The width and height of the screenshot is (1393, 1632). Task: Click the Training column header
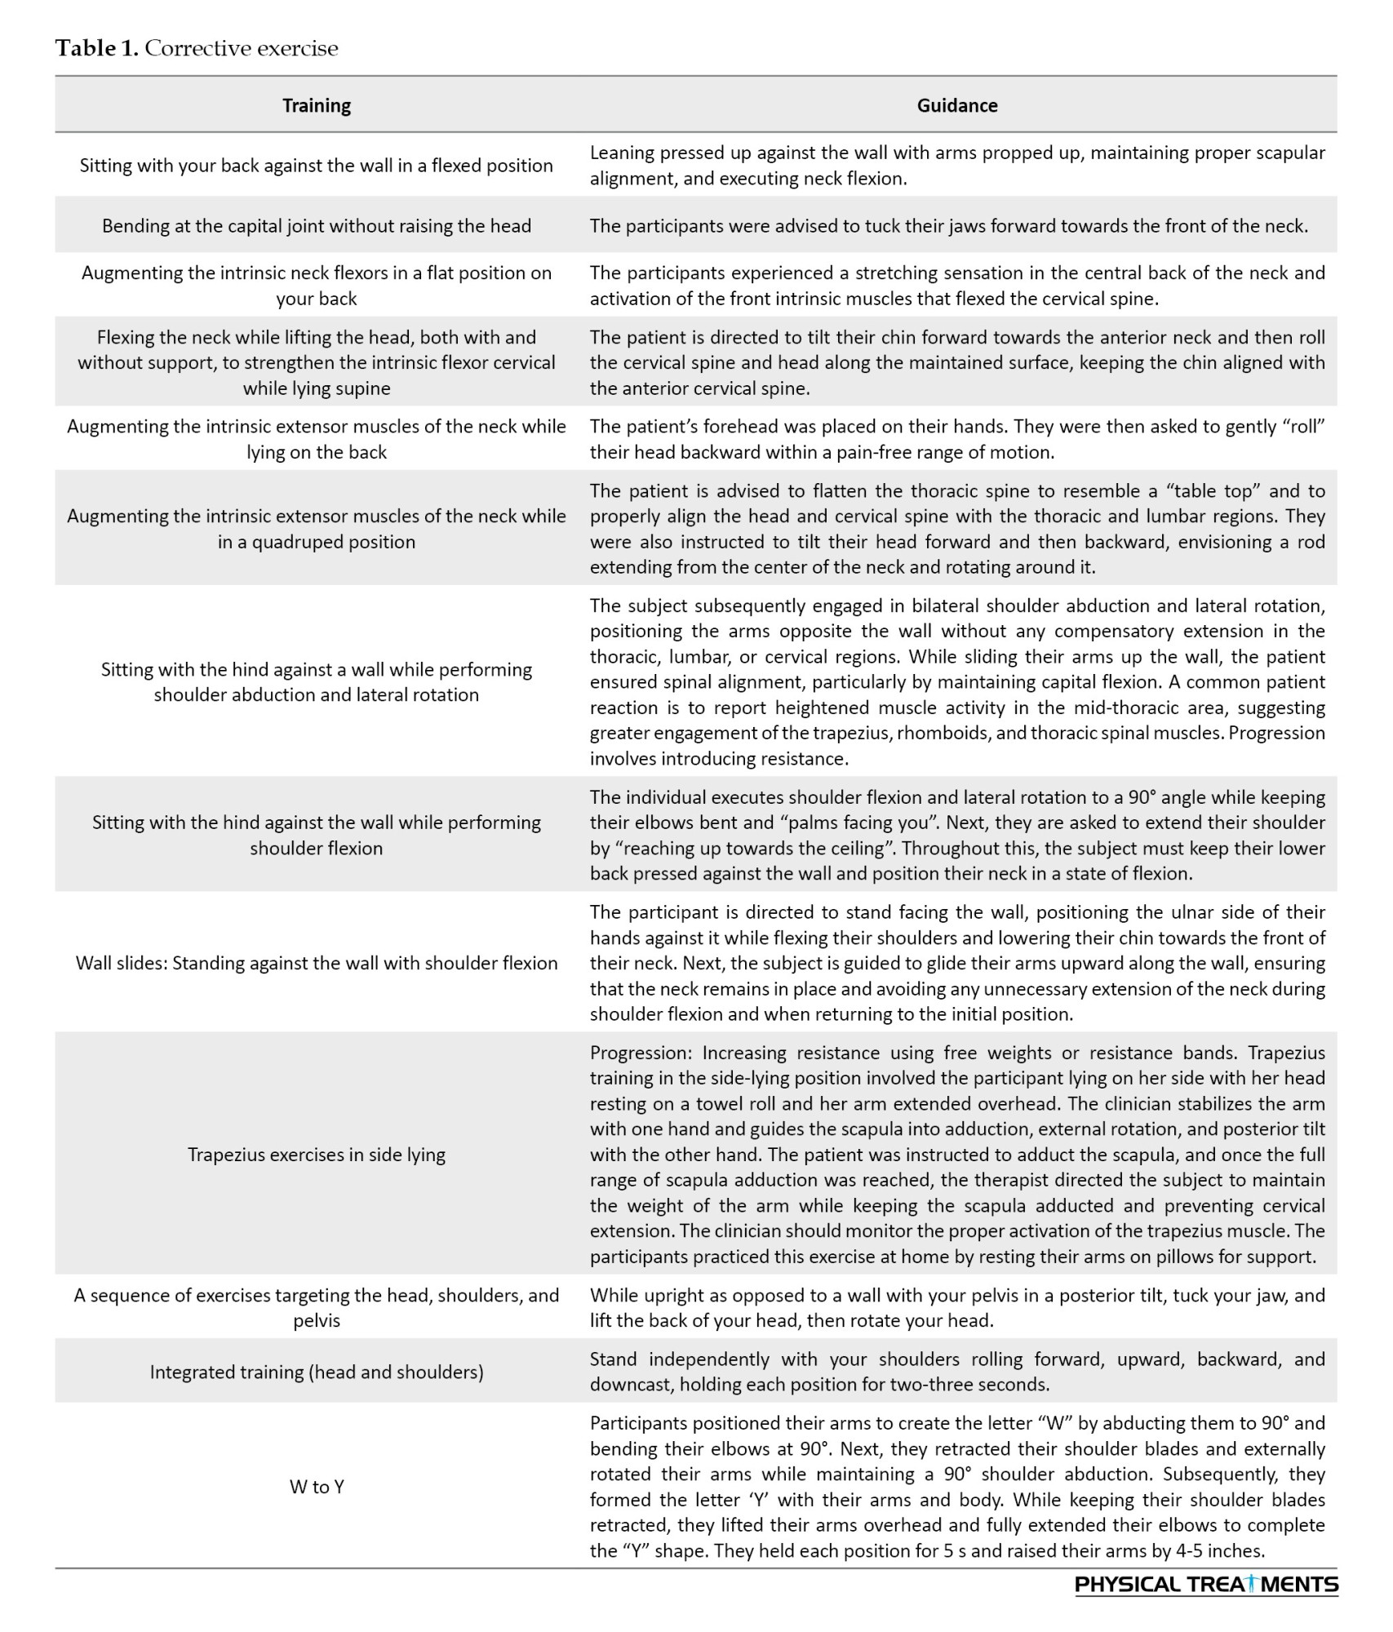point(317,105)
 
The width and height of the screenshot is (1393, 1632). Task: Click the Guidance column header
point(956,105)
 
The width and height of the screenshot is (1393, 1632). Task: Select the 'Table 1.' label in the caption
point(96,48)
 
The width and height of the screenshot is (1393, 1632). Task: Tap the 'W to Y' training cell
point(317,1486)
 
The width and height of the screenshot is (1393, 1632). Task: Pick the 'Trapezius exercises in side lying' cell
point(317,1155)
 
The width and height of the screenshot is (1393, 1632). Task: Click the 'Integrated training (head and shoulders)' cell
point(317,1372)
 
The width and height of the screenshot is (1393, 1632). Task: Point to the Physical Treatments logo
point(1206,1585)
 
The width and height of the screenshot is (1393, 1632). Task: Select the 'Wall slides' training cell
point(317,963)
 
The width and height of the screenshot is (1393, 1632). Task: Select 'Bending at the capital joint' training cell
point(317,226)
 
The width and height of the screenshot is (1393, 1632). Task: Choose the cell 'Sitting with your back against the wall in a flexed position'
point(317,166)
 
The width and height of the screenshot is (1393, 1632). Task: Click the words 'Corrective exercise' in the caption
point(242,48)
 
